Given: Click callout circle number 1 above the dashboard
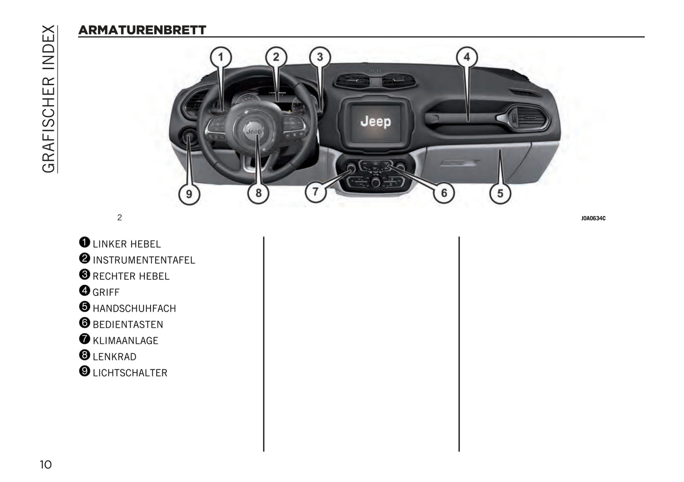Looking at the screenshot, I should coord(221,58).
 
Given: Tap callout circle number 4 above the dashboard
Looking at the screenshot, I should coord(466,57).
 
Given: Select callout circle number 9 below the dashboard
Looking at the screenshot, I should coord(189,194).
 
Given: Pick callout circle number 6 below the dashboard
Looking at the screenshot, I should coord(444,193).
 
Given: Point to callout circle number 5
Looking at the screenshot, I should coord(500,193).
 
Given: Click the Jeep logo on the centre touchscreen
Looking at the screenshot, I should coord(376,122).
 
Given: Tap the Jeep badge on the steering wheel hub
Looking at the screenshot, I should coord(254,131).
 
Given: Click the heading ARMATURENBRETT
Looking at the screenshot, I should coord(142,30).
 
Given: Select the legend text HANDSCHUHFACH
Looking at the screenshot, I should coord(134,309).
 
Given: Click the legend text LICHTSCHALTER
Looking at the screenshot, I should coord(130,373).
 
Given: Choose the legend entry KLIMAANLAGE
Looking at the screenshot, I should coord(125,341).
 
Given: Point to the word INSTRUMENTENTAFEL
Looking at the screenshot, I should coord(143,261).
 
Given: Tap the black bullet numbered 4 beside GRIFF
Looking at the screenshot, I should coord(84,290).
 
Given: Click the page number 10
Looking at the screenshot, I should coord(45,464).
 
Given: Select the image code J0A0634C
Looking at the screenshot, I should coord(593,219).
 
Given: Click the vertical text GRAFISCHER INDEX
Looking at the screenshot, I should coord(48,99).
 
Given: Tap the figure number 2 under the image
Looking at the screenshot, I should coord(119,218).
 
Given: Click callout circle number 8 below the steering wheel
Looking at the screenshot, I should coord(258,193).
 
